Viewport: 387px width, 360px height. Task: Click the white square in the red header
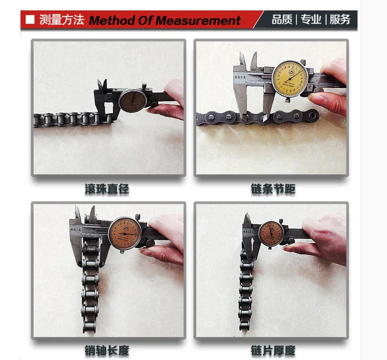coord(30,20)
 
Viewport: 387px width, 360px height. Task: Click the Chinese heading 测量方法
coord(61,20)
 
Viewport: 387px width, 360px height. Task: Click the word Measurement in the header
coord(198,20)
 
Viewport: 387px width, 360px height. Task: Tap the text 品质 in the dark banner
coord(282,20)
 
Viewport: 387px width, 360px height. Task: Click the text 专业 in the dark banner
coord(311,20)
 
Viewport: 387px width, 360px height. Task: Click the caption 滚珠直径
coord(107,189)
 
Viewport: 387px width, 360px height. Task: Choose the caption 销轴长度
coord(107,351)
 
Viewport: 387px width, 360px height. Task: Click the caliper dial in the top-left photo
coord(132,100)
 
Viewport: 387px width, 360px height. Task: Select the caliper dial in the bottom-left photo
coord(123,233)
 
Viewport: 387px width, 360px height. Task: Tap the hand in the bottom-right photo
coord(322,240)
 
